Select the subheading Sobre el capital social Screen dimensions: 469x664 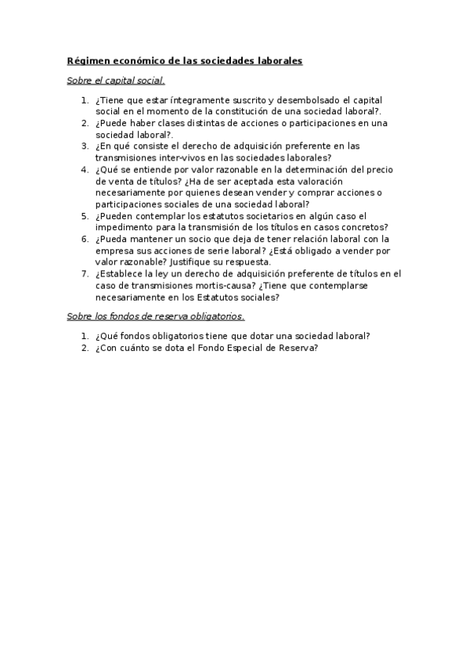(x=116, y=80)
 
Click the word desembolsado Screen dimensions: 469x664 (x=305, y=101)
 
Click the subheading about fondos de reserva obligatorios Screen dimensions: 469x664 (x=156, y=316)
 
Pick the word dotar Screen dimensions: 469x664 (x=271, y=336)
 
